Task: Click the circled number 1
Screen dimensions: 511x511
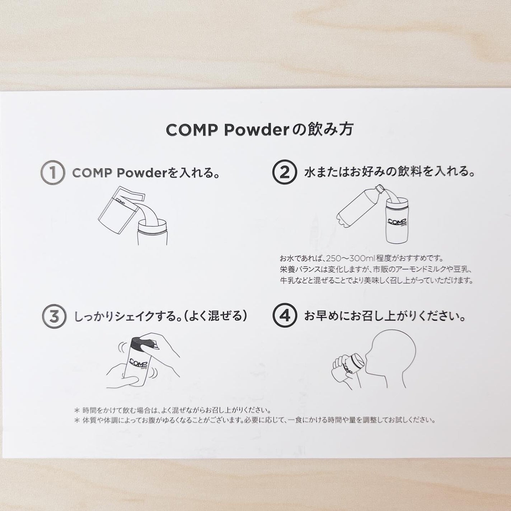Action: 53,173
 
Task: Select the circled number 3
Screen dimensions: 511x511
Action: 54,317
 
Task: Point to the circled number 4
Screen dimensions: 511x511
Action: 285,316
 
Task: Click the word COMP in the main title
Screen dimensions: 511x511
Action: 192,131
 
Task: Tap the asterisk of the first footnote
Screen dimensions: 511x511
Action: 76,410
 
